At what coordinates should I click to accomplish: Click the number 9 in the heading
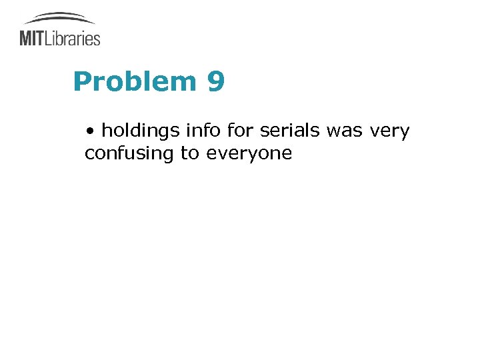[x=216, y=82]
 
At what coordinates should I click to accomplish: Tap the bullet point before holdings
[x=90, y=131]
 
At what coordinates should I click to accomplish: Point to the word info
[x=199, y=131]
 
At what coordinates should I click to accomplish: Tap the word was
[x=344, y=131]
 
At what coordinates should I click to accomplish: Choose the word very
[x=389, y=132]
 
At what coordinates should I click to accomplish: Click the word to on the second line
[x=190, y=154]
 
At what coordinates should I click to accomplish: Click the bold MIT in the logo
[x=32, y=37]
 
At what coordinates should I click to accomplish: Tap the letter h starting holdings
[x=107, y=131]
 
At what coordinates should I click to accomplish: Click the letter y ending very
[x=405, y=133]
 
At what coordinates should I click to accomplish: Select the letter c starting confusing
[x=89, y=154]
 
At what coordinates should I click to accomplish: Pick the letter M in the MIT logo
[x=27, y=37]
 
